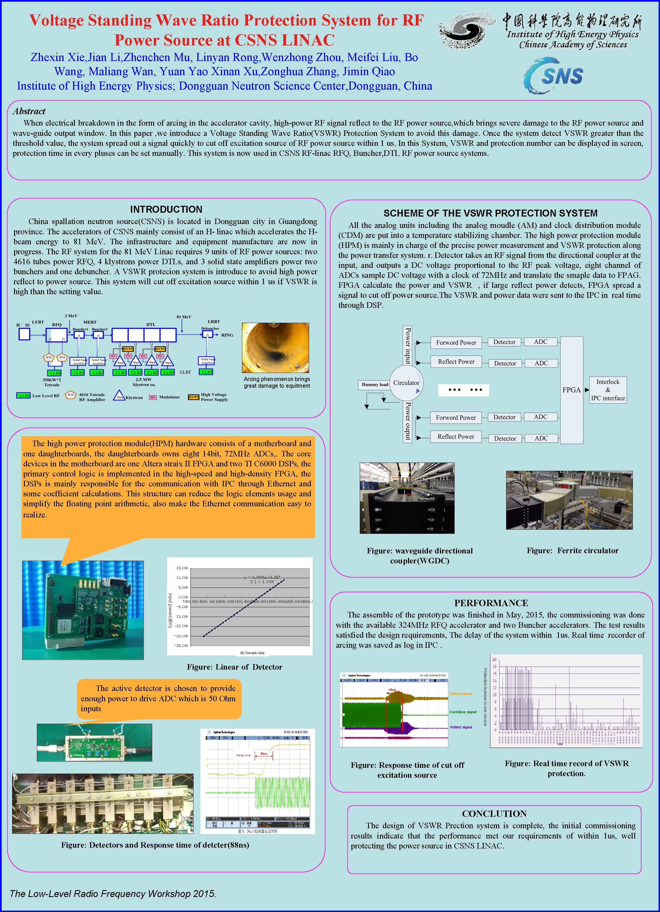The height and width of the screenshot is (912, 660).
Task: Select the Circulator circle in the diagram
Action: tap(406, 383)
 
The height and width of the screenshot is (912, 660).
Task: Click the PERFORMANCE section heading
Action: tap(491, 603)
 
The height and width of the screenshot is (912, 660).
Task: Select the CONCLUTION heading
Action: tap(494, 814)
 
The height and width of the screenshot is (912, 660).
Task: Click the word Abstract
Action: tap(29, 111)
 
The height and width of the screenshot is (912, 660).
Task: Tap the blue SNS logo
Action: tap(554, 75)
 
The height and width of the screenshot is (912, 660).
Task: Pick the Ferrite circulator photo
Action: tap(569, 500)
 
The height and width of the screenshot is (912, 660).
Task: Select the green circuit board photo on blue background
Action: tap(83, 609)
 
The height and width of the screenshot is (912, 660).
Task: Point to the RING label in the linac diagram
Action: tap(227, 335)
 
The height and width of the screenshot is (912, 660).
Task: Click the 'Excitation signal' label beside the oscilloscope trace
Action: tap(463, 712)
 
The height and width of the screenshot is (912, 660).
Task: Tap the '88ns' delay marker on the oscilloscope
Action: tap(264, 754)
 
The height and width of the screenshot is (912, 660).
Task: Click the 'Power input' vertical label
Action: tap(407, 346)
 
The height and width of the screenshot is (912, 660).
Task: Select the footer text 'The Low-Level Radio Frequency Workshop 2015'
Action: tap(113, 894)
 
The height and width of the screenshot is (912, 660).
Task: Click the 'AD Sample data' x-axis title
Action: tap(252, 653)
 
